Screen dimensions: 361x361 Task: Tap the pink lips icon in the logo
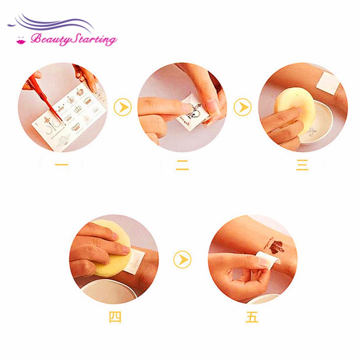(20, 41)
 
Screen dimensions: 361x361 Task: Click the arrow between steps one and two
(123, 108)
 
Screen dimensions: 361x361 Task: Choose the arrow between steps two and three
(242, 108)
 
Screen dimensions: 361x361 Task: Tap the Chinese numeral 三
(302, 166)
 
